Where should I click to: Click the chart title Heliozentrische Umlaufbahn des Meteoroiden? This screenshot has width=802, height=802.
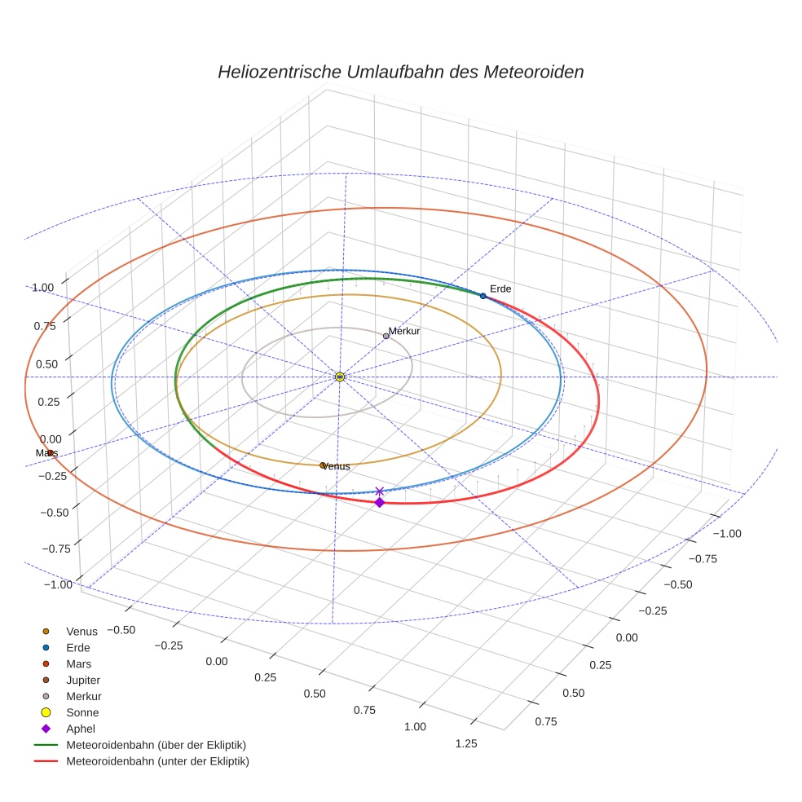click(400, 72)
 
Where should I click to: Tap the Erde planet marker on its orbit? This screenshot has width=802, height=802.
click(483, 296)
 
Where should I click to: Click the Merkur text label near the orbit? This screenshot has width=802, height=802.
click(403, 331)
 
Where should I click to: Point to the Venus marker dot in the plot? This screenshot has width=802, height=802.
click(323, 465)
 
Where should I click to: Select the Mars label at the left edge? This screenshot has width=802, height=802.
click(46, 452)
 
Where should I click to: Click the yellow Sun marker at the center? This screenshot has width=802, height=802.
click(340, 377)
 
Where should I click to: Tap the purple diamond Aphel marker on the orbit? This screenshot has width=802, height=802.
click(379, 502)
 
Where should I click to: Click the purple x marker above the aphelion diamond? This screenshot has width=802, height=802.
click(379, 491)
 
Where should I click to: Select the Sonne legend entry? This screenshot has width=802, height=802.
click(82, 712)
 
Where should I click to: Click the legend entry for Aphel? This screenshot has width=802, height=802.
click(81, 729)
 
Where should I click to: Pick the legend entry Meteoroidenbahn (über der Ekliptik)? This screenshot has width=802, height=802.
click(156, 745)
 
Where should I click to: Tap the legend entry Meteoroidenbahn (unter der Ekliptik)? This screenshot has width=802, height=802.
click(157, 761)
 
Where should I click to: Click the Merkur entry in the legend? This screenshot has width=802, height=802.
click(83, 696)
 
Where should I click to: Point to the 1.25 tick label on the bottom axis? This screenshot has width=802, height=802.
click(465, 743)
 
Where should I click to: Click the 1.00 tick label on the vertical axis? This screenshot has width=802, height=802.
click(42, 287)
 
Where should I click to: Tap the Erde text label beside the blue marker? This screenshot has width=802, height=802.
click(500, 289)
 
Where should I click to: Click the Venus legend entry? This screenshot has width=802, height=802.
click(82, 631)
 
